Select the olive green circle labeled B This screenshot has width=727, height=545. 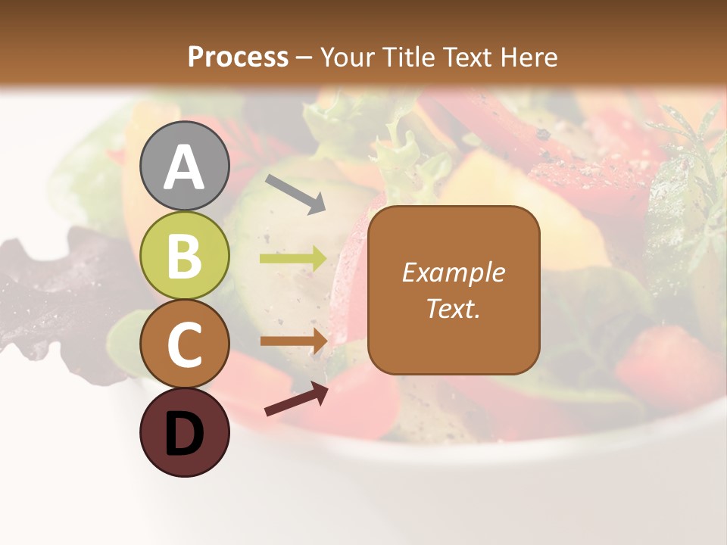click(184, 256)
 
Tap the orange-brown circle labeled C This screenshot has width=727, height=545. click(184, 344)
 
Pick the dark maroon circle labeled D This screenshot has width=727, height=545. click(184, 433)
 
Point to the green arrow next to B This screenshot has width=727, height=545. click(293, 259)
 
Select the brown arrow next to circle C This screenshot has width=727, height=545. click(293, 341)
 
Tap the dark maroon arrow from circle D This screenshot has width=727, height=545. click(296, 399)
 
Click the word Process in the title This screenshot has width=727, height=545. click(238, 57)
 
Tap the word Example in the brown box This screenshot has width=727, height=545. click(453, 272)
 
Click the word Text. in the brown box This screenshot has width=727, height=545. click(453, 308)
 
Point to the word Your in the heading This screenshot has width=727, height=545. click(349, 57)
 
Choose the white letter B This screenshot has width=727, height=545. click(184, 256)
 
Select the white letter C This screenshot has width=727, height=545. click(184, 345)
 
